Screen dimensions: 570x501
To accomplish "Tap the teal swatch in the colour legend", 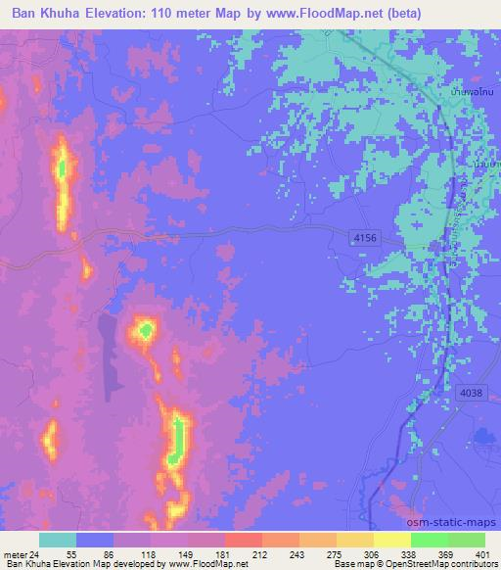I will click(58, 540).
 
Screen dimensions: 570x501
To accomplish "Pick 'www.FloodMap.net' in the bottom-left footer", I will click(210, 564).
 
